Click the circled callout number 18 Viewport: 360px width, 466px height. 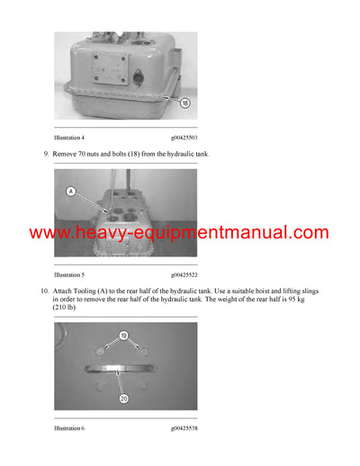click(x=185, y=103)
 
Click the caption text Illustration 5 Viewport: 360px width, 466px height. click(x=69, y=274)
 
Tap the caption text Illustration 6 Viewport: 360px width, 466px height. click(x=69, y=428)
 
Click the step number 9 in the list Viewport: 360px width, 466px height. click(x=46, y=156)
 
